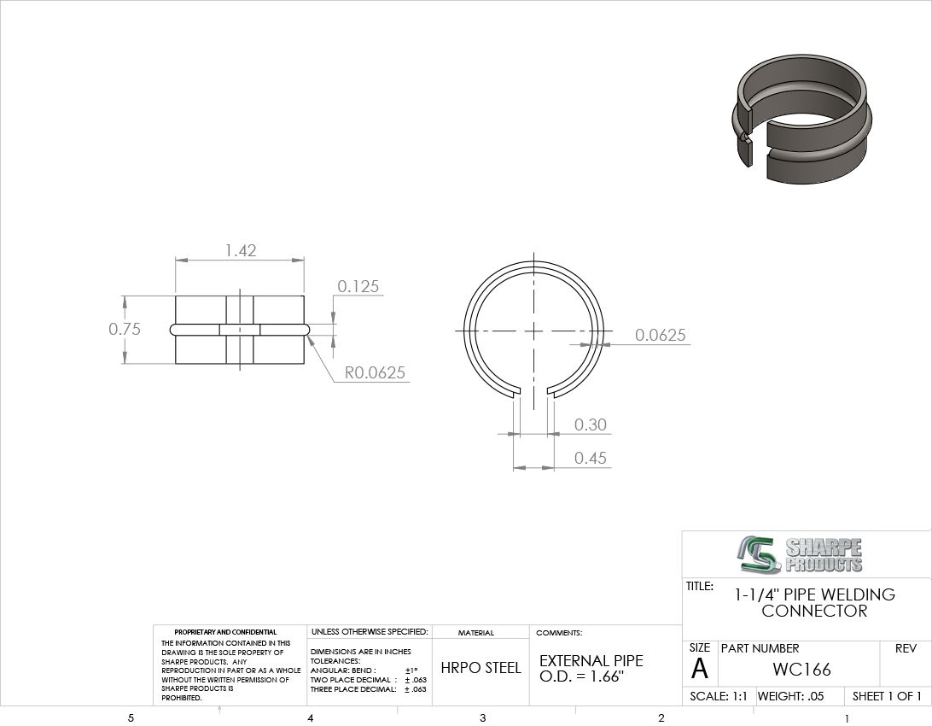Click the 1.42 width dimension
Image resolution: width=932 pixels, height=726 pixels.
point(241,250)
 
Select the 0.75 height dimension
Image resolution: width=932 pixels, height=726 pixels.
point(125,329)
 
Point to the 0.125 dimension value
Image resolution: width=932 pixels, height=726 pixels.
point(358,287)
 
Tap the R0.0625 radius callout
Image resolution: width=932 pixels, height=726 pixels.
point(375,372)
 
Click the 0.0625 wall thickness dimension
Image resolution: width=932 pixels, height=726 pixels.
point(661,336)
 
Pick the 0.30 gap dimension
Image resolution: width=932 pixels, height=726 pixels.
point(591,424)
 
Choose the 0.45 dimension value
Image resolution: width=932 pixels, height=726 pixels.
point(591,458)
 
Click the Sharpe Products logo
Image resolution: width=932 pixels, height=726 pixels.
point(798,555)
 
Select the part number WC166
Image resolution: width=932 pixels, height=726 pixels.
point(801,670)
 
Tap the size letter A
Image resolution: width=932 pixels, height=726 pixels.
point(700,670)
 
